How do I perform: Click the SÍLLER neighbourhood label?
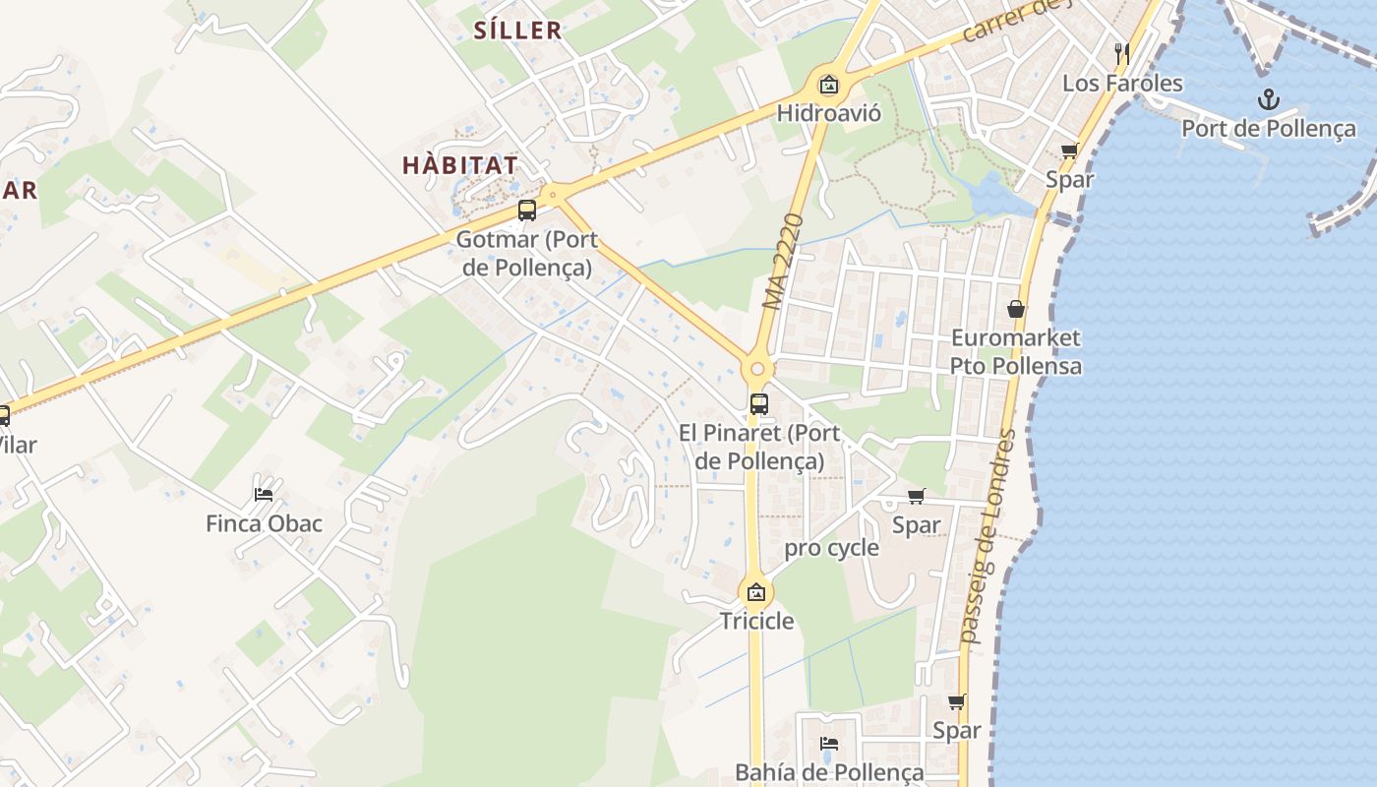pyautogui.click(x=517, y=30)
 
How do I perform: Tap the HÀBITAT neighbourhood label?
pyautogui.click(x=459, y=165)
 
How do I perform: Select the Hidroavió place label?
pyautogui.click(x=828, y=113)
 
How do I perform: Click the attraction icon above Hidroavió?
pyautogui.click(x=828, y=85)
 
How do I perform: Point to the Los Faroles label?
pyautogui.click(x=1122, y=83)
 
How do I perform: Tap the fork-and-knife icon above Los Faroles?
pyautogui.click(x=1121, y=51)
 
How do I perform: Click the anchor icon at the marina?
pyautogui.click(x=1269, y=99)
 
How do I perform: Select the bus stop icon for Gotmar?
pyautogui.click(x=527, y=210)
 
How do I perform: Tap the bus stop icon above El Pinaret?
pyautogui.click(x=758, y=403)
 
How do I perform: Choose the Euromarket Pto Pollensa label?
pyautogui.click(x=1015, y=352)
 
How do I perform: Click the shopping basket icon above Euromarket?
pyautogui.click(x=1016, y=309)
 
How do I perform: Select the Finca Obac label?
pyautogui.click(x=264, y=523)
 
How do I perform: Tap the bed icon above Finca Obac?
pyautogui.click(x=264, y=494)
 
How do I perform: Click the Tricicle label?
pyautogui.click(x=756, y=621)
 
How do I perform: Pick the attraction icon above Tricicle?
pyautogui.click(x=756, y=592)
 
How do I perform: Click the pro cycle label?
pyautogui.click(x=831, y=548)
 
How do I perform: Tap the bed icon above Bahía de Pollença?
pyautogui.click(x=829, y=744)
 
